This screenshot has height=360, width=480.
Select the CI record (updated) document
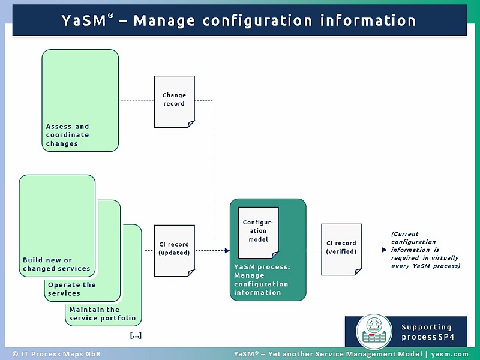(174, 250)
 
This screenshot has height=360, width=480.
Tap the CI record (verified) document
(341, 248)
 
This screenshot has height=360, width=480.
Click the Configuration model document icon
(258, 230)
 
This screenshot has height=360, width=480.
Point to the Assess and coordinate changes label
(68, 135)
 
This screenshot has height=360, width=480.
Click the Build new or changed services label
(56, 264)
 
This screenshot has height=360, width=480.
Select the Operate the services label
(72, 289)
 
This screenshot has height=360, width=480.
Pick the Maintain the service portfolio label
(103, 314)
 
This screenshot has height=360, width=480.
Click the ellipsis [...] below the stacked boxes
(136, 335)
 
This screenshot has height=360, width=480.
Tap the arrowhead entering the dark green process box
(227, 250)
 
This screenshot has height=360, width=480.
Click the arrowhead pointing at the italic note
(384, 250)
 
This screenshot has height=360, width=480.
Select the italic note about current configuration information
(425, 250)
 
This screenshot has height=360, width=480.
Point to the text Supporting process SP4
(427, 332)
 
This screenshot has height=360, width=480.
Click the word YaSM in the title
(84, 20)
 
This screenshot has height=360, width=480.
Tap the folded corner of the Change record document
(190, 124)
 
